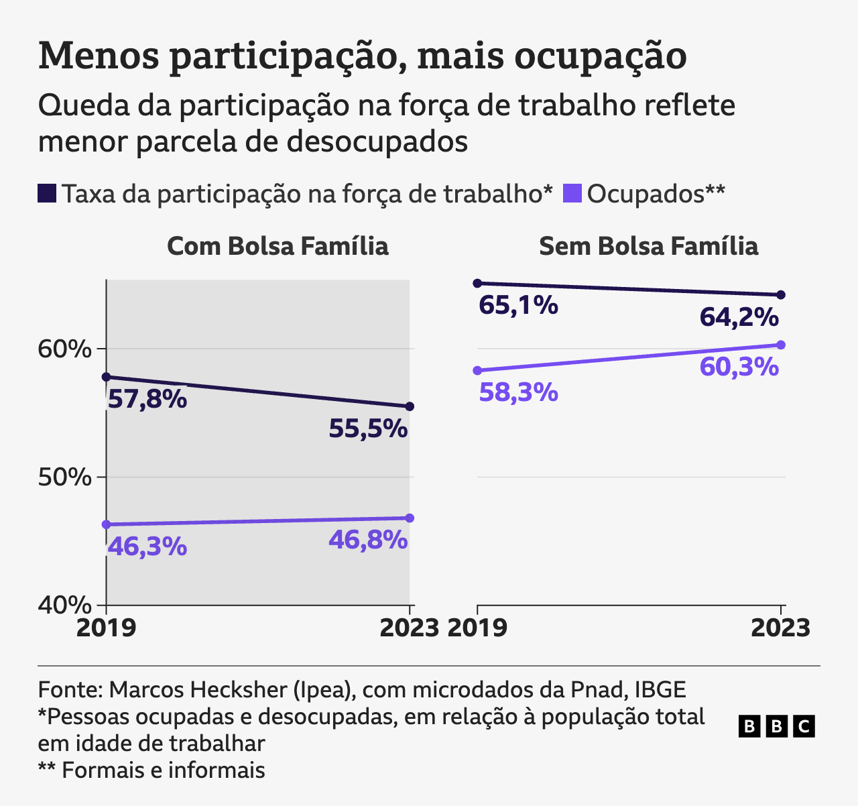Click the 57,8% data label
click(147, 400)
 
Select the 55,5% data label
click(368, 428)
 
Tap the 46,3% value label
click(147, 546)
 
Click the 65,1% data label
click(518, 305)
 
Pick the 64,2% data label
click(739, 316)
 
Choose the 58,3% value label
click(518, 392)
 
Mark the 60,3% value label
click(739, 367)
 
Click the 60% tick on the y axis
click(64, 349)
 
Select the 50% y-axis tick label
click(64, 477)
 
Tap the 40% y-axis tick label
click(64, 605)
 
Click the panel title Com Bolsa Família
click(278, 246)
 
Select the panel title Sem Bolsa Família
click(648, 246)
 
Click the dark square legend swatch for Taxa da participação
click(47, 193)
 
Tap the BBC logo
click(776, 726)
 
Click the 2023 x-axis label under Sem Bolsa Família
click(780, 628)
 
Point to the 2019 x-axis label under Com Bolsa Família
click(106, 628)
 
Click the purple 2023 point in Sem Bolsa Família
click(780, 345)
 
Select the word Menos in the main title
click(99, 56)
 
